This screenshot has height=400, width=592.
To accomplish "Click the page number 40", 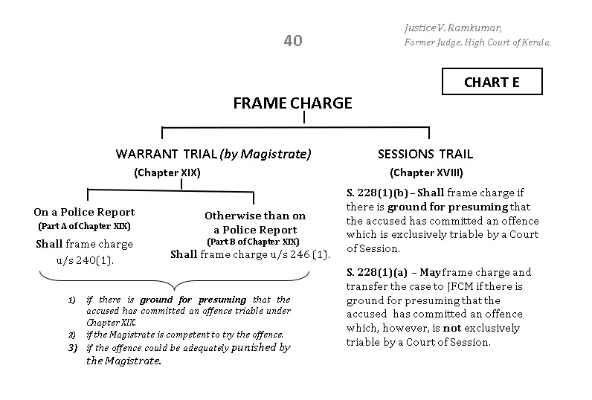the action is [x=293, y=41].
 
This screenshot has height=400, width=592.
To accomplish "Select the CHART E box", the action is [x=492, y=82].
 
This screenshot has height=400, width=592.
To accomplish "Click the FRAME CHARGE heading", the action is [x=292, y=103].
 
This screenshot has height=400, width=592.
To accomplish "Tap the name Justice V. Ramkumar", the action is [x=453, y=28].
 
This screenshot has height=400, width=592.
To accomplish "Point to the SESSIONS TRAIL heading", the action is [x=425, y=154].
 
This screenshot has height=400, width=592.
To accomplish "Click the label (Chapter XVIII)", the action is [x=426, y=172].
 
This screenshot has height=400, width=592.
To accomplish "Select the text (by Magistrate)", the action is [x=266, y=154].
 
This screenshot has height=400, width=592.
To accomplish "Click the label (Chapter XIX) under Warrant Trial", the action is [x=167, y=172].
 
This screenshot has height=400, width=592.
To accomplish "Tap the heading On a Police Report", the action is [x=84, y=212].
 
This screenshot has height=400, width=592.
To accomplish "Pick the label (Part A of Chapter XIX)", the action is [x=84, y=226].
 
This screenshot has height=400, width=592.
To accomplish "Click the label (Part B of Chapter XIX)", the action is [x=253, y=242].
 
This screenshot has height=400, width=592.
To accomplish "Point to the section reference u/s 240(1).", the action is [x=85, y=260].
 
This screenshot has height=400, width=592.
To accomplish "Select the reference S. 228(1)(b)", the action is [x=377, y=193].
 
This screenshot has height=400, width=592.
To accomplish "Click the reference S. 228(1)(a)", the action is [x=377, y=272].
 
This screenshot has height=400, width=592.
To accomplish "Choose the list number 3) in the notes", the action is [x=72, y=348].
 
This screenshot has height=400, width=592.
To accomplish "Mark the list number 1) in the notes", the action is [x=71, y=300].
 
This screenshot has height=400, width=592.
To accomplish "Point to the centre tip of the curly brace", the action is [x=175, y=290].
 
